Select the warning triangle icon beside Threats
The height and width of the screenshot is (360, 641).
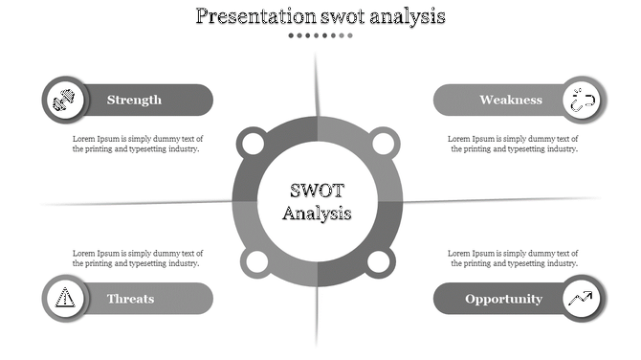[x=64, y=298]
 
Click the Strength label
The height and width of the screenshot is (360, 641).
[x=134, y=100]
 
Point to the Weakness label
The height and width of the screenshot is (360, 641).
[x=511, y=100]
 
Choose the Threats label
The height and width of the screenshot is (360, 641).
[x=130, y=299]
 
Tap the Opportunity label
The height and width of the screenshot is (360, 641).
[x=503, y=299]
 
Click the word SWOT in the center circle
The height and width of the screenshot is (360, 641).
[x=318, y=191]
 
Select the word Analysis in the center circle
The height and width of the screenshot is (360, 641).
[x=318, y=213]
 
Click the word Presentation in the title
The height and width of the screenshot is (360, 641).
[x=254, y=16]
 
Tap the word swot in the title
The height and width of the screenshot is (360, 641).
[x=348, y=16]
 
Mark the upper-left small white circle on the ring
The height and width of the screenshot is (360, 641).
[x=253, y=145]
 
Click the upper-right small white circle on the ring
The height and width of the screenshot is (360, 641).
[x=383, y=145]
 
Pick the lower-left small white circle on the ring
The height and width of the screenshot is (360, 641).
[x=253, y=261]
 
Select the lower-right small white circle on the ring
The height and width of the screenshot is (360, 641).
[x=380, y=261]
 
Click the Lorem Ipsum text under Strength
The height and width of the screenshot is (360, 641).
[x=138, y=144]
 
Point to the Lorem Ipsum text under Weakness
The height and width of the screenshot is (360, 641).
[x=513, y=144]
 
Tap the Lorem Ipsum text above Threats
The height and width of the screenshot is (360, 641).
[x=138, y=258]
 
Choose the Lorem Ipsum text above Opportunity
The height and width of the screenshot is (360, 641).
[x=513, y=258]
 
